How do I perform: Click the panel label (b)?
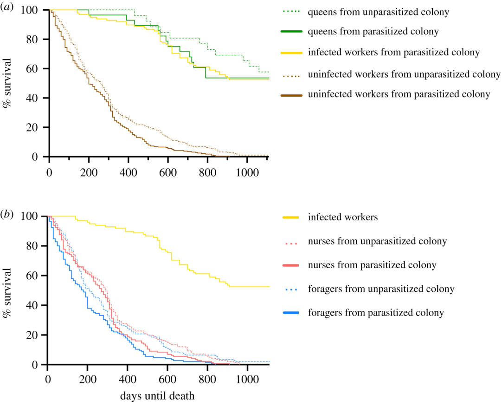click(7, 214)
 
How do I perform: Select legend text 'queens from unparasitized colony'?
click(379, 12)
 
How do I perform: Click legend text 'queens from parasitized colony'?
click(373, 31)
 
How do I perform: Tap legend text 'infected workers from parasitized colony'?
click(394, 52)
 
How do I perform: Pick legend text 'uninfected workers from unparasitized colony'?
click(404, 74)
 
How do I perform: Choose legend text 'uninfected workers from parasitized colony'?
click(399, 94)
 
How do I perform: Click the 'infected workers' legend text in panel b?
click(342, 217)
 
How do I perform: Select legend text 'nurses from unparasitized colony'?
click(377, 241)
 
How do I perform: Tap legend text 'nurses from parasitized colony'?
click(372, 265)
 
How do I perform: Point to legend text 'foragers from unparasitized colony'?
click(381, 289)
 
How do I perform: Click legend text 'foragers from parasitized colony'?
click(376, 313)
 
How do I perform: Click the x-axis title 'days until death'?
click(157, 395)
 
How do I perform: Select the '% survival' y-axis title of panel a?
click(6, 83)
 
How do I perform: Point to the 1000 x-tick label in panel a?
click(247, 172)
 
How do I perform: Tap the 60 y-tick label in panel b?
click(32, 276)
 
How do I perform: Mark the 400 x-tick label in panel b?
click(128, 379)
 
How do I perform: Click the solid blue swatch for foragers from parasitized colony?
click(291, 313)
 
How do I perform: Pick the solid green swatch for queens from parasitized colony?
click(291, 31)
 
